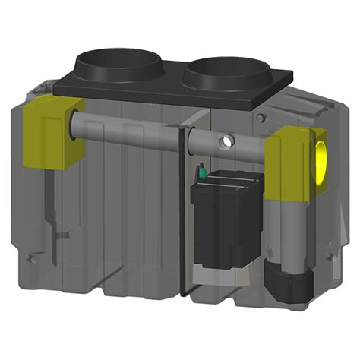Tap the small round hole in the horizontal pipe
pos(225,143)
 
